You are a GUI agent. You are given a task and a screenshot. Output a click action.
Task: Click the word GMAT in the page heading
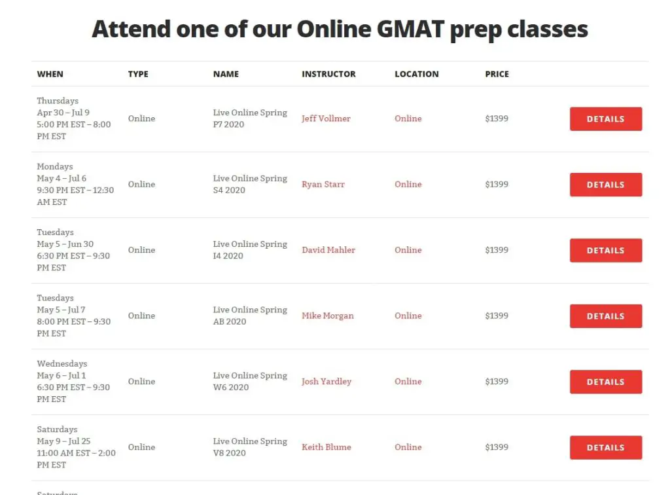[x=410, y=29]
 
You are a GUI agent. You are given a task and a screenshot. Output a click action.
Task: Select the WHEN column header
[x=50, y=74]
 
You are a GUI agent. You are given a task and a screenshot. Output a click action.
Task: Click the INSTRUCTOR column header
[x=328, y=74]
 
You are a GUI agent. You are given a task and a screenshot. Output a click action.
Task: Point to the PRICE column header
[x=497, y=74]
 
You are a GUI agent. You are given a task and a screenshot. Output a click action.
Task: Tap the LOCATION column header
[x=417, y=74]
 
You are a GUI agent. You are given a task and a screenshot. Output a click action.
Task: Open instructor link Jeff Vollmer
[x=326, y=119]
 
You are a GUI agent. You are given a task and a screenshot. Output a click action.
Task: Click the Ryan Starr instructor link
[x=323, y=184]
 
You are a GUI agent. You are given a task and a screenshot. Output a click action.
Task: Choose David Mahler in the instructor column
[x=328, y=250]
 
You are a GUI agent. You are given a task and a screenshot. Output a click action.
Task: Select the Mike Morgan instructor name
[x=328, y=316]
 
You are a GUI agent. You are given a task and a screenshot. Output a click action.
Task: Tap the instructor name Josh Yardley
[x=326, y=381]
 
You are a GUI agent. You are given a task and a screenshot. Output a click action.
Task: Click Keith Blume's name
[x=326, y=447]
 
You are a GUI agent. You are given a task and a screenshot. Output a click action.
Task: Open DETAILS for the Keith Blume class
[x=605, y=448]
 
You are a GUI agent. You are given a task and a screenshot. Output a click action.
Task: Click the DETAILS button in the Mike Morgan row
[x=605, y=316]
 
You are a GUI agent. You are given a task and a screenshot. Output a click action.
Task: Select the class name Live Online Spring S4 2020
[x=250, y=184]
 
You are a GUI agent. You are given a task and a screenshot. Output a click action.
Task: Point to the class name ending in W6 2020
[x=250, y=381]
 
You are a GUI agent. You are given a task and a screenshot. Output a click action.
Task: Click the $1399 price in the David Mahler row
[x=497, y=250]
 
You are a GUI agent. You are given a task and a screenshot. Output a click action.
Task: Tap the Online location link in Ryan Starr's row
[x=408, y=184]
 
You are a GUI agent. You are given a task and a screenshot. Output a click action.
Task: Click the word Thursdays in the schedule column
[x=58, y=101]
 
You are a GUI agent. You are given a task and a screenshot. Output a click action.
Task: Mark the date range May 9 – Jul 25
[x=63, y=441]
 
